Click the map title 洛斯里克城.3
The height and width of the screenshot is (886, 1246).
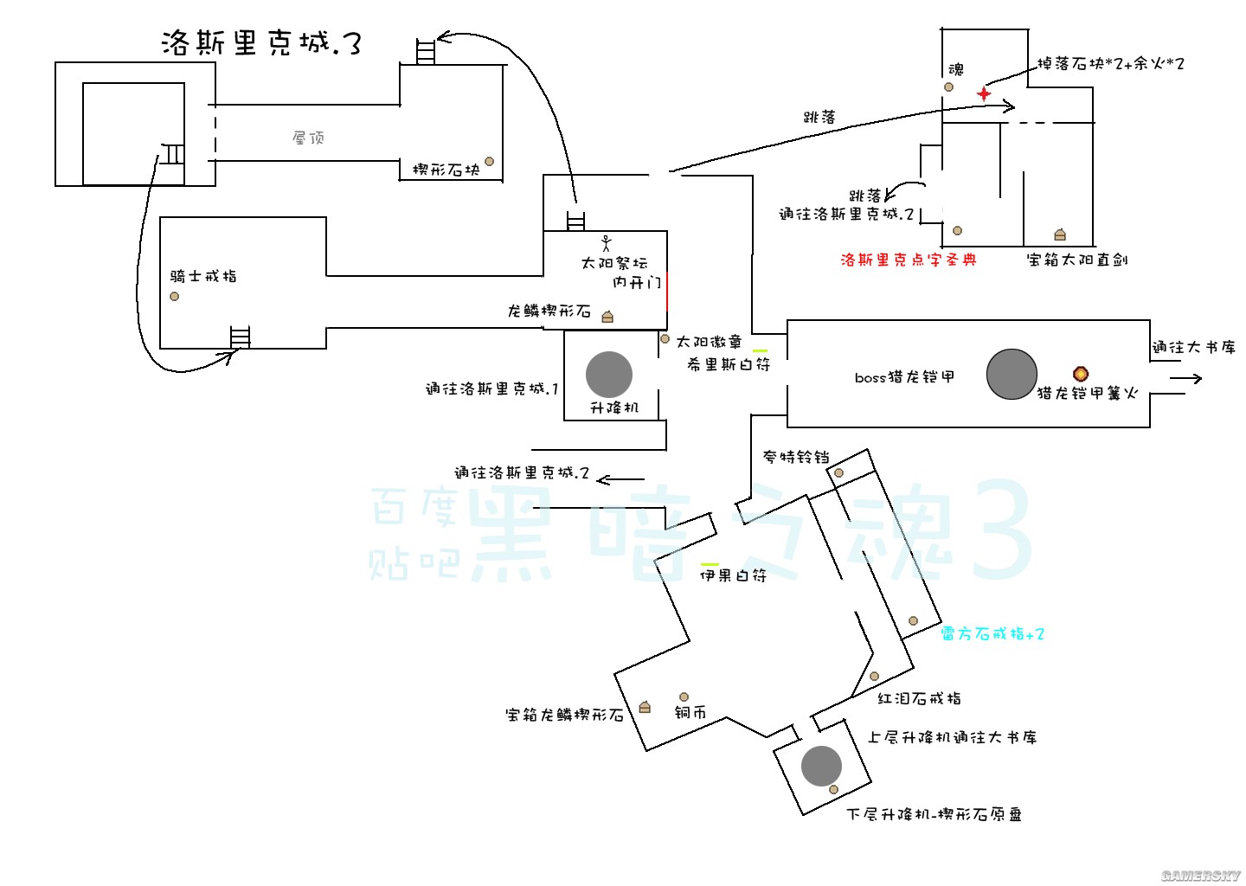coord(260,43)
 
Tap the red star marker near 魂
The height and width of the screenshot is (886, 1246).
coord(984,93)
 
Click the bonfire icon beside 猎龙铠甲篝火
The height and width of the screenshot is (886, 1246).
coord(1081,374)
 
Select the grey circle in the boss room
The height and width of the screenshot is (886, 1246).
coord(1012,375)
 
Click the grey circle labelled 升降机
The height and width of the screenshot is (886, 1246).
coord(609,375)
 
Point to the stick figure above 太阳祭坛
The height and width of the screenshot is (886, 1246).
coord(606,243)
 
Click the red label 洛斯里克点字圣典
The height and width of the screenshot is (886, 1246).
coord(909,260)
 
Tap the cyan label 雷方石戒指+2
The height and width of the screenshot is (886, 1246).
coord(992,634)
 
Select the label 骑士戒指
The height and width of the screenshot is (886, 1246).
coord(203,276)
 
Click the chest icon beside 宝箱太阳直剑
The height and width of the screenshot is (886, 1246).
coord(1060,234)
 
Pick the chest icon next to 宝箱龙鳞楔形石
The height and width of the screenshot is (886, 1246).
coord(645,707)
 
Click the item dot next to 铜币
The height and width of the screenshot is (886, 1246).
coord(684,697)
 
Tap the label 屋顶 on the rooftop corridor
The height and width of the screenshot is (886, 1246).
coord(308,138)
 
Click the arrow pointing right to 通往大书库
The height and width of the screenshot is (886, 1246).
coord(1186,378)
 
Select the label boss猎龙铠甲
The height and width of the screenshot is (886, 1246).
coord(904,377)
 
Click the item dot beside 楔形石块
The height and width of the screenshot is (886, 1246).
coord(489,162)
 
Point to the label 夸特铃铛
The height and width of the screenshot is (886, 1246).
coord(796,457)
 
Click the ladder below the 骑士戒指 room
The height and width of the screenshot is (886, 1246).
coord(240,337)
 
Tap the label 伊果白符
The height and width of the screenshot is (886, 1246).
coord(733,575)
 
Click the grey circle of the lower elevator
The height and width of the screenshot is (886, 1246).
coord(821,766)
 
